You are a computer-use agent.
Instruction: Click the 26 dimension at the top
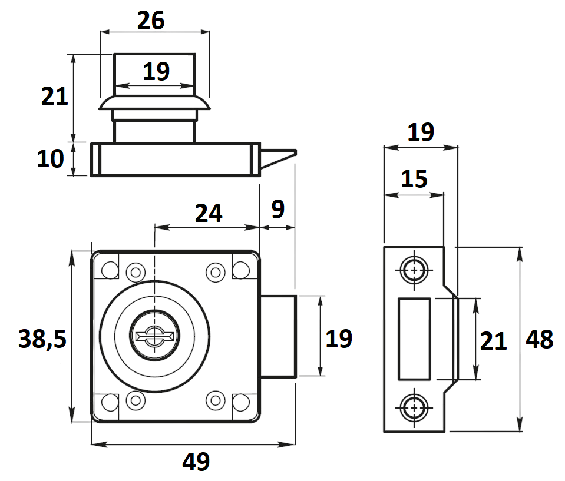pyautogui.click(x=151, y=21)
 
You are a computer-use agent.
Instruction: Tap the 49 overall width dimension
pyautogui.click(x=196, y=462)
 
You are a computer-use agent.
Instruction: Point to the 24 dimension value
pyautogui.click(x=209, y=213)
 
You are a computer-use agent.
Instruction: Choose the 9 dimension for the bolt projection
pyautogui.click(x=277, y=210)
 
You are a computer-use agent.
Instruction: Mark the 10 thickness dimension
pyautogui.click(x=51, y=159)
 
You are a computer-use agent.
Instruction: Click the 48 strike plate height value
pyautogui.click(x=540, y=340)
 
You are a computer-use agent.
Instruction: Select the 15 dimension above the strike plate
pyautogui.click(x=414, y=178)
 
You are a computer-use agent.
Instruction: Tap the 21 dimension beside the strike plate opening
pyautogui.click(x=493, y=341)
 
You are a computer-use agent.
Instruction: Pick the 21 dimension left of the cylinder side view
pyautogui.click(x=55, y=96)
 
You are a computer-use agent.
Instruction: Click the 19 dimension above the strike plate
pyautogui.click(x=421, y=132)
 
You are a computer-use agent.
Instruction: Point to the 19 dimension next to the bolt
pyautogui.click(x=339, y=339)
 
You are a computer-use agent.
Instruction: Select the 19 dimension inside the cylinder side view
pyautogui.click(x=156, y=72)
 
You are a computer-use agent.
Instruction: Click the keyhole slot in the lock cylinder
pyautogui.click(x=154, y=337)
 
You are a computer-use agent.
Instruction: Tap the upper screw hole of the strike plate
pyautogui.click(x=415, y=270)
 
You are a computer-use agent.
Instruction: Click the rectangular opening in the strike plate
pyautogui.click(x=414, y=339)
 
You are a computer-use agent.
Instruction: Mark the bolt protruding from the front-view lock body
pyautogui.click(x=277, y=336)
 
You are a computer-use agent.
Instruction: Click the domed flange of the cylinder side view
pyautogui.click(x=154, y=104)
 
